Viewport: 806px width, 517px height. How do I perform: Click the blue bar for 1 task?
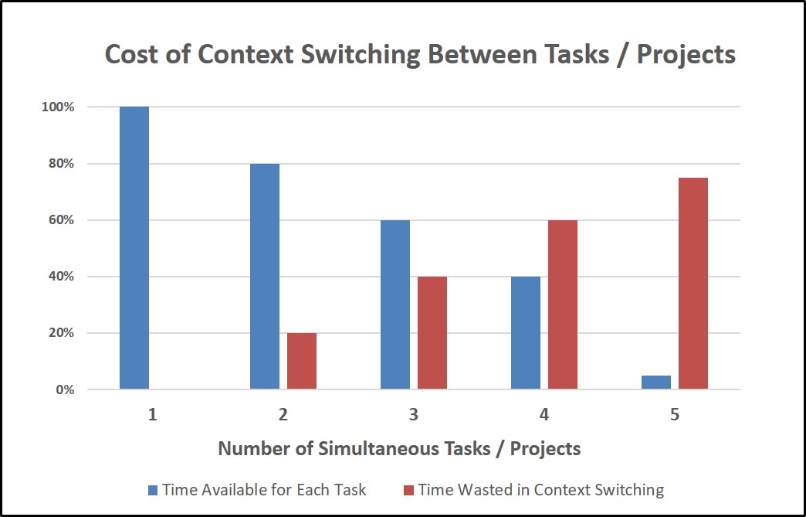(134, 247)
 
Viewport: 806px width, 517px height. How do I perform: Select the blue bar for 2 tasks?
(265, 276)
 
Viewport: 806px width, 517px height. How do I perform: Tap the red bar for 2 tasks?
(302, 361)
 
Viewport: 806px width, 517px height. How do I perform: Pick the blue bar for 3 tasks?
(395, 304)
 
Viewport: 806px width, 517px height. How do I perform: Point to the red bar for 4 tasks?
(563, 304)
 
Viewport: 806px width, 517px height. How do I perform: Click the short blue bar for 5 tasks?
(656, 382)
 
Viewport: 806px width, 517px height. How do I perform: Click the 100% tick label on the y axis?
(58, 107)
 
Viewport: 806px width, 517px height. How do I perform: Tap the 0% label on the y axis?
(64, 389)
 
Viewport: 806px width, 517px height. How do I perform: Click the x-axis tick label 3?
(414, 415)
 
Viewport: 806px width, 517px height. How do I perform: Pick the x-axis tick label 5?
(675, 415)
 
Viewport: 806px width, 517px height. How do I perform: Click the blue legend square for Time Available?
(154, 490)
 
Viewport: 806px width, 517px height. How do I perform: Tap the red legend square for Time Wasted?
(410, 490)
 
